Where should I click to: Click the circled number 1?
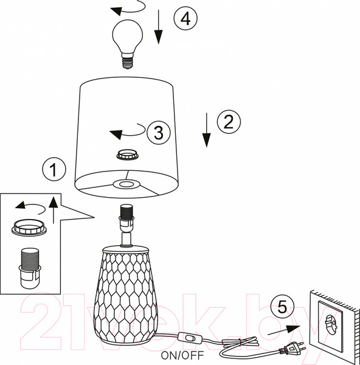(54, 170)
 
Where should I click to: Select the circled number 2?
(229, 122)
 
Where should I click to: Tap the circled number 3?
(159, 133)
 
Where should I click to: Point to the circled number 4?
(185, 18)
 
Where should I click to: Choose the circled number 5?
(282, 307)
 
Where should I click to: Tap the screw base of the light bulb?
(128, 61)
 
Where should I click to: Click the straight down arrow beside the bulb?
(159, 27)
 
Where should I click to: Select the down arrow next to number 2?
(206, 130)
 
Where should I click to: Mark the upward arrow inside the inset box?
(54, 210)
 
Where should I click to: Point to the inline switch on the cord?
(190, 337)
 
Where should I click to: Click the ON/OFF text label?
(182, 355)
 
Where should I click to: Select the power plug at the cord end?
(292, 347)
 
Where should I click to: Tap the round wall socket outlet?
(330, 323)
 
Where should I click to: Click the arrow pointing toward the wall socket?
(284, 330)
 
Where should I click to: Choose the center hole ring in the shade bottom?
(127, 184)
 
